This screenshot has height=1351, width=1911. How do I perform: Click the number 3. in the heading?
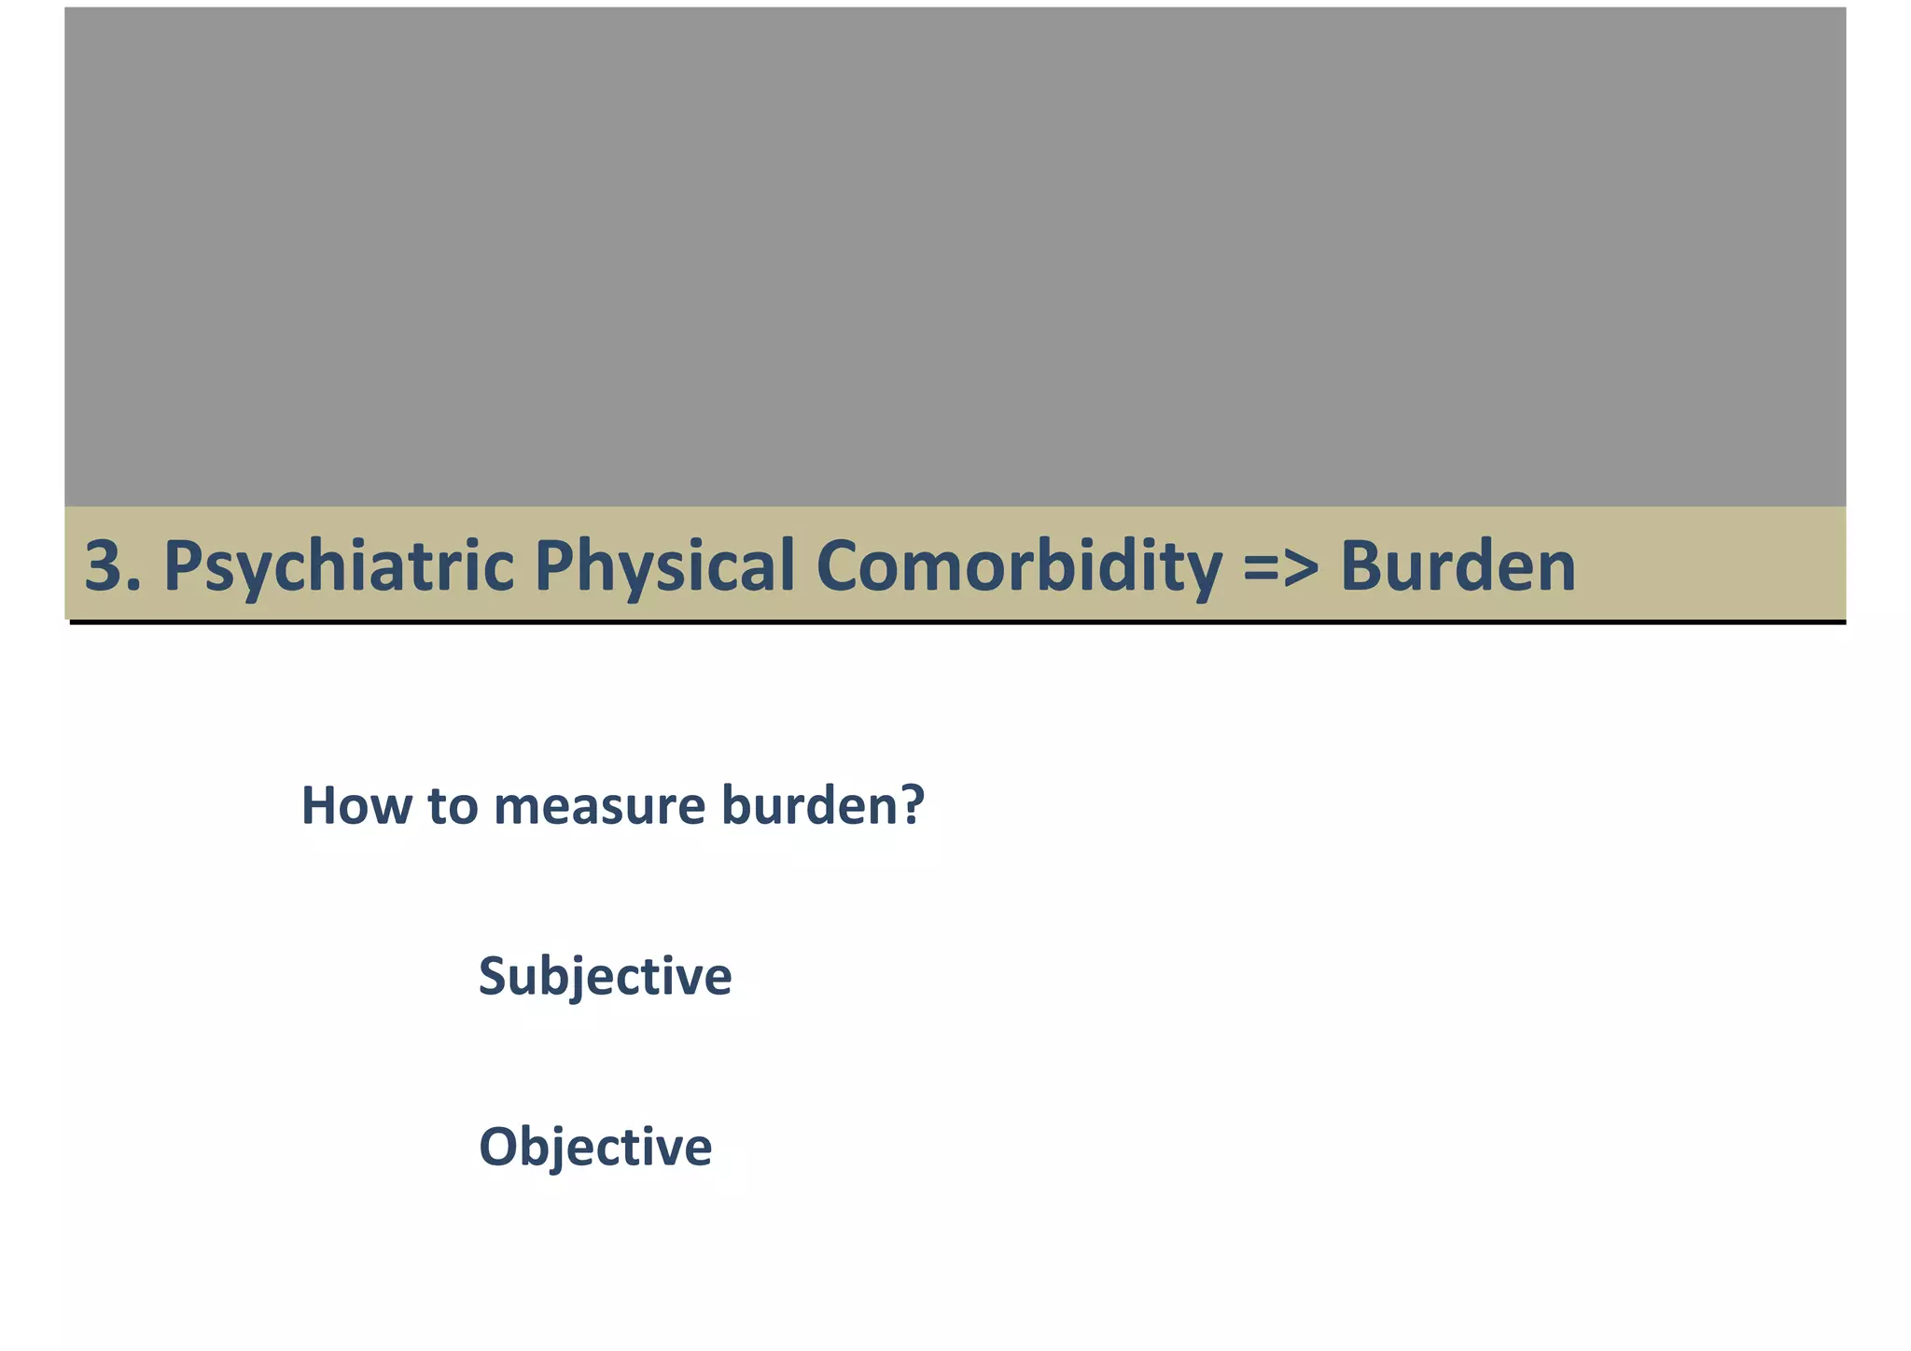(113, 566)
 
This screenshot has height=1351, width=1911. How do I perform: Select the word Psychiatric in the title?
(339, 566)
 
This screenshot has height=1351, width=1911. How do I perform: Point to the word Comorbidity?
(1019, 566)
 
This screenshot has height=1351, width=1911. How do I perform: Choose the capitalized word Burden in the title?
(1458, 566)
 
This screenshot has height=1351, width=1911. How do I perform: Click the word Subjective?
(605, 977)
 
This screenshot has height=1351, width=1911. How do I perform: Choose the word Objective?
(594, 1147)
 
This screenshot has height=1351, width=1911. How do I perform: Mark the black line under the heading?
(956, 622)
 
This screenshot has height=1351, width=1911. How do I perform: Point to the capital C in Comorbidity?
(839, 566)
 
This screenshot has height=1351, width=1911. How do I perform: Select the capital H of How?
(319, 805)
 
